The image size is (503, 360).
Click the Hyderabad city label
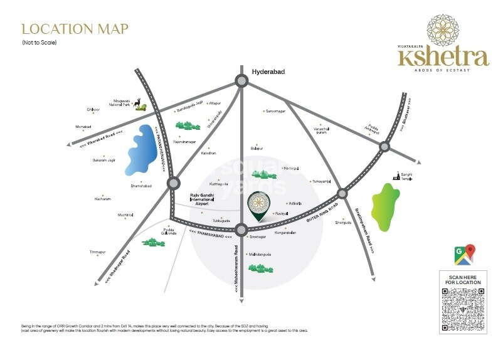click(268, 72)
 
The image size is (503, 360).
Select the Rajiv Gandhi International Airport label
click(202, 199)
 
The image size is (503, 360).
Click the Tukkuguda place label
click(220, 221)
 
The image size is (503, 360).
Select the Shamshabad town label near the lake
click(142, 186)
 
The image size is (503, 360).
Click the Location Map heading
click(75, 29)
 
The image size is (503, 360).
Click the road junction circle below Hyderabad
click(241, 80)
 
